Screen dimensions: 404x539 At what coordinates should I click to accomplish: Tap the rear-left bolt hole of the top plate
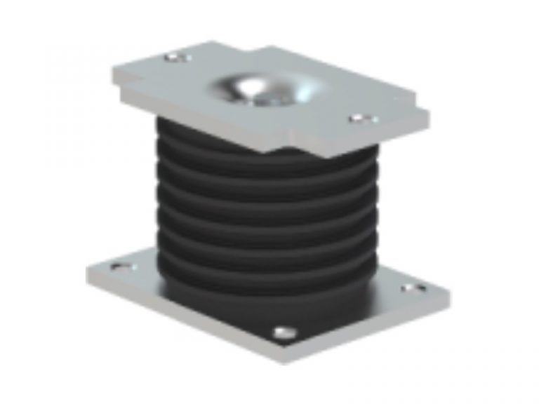click(172, 58)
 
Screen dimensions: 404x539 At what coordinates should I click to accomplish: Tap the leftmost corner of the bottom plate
click(86, 272)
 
